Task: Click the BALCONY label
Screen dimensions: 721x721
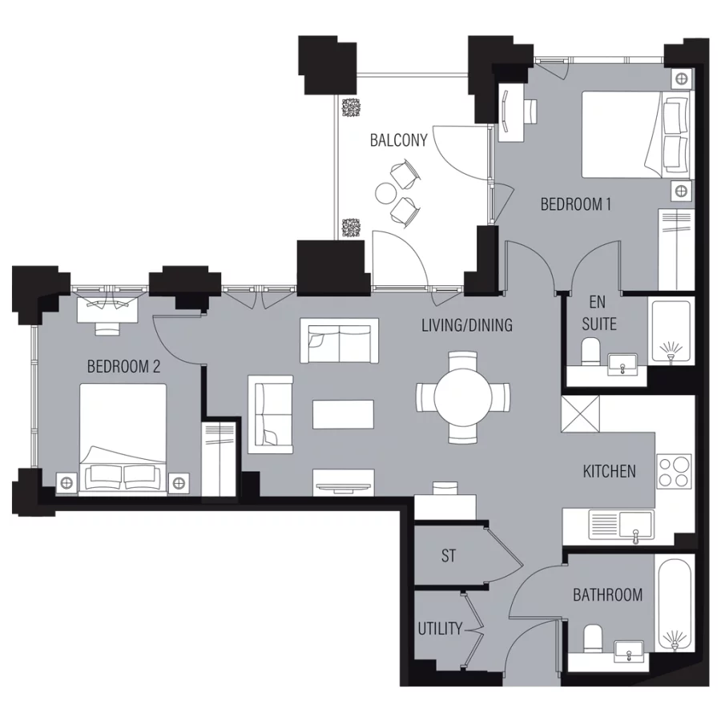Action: point(398,140)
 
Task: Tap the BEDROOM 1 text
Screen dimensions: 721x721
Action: point(576,204)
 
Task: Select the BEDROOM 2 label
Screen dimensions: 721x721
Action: point(123,367)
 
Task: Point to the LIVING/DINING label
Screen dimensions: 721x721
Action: point(467,326)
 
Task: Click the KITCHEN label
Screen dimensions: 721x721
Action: point(609,471)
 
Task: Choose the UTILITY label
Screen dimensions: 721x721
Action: point(440,629)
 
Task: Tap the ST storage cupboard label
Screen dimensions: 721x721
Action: point(449,556)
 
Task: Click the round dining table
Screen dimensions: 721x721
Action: point(463,397)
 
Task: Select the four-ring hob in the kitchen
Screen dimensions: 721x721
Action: point(674,470)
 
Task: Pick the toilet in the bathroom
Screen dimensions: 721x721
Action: point(594,638)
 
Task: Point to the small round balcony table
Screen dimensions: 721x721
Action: point(386,194)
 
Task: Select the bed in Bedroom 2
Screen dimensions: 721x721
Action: point(123,437)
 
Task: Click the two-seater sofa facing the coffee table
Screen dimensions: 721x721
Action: point(339,340)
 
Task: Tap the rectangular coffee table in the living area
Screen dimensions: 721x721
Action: point(343,414)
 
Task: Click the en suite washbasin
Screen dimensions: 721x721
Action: point(625,366)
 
